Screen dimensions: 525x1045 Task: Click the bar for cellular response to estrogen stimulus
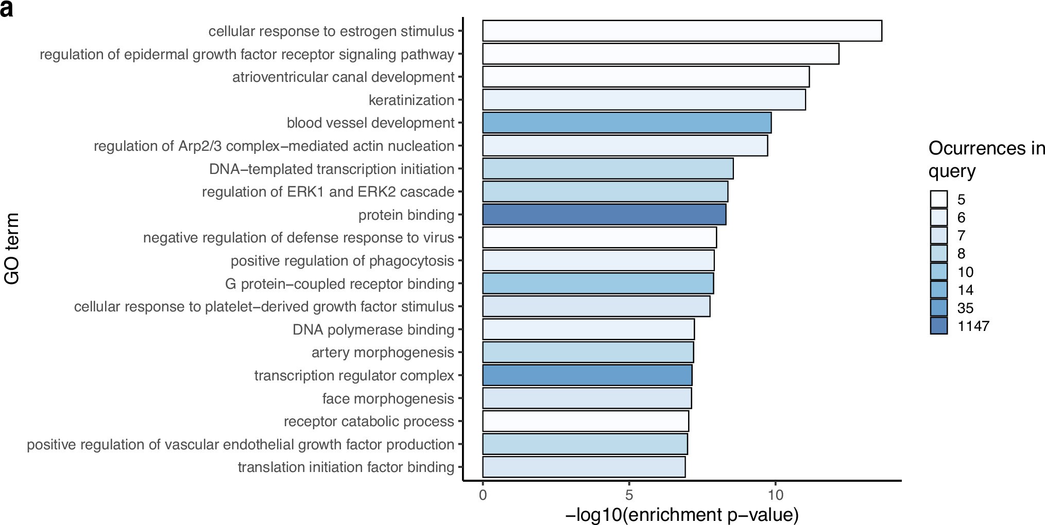(682, 31)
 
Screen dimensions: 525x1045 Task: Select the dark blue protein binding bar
(604, 215)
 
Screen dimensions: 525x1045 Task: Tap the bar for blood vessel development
(626, 122)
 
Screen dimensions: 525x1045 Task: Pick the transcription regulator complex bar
(587, 375)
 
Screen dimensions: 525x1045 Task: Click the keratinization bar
(644, 100)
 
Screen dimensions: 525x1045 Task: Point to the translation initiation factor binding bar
(584, 467)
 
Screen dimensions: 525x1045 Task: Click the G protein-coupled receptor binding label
(339, 284)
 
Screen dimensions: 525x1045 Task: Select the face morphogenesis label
(388, 398)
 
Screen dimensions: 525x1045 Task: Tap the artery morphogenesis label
(383, 353)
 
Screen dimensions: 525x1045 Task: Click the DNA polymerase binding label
(373, 329)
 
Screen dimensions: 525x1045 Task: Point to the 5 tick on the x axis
(629, 495)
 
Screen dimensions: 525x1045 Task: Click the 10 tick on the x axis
(775, 495)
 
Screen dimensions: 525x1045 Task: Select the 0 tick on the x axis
(483, 495)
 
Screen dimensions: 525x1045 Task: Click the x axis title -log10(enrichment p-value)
(682, 514)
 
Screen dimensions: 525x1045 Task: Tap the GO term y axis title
(12, 249)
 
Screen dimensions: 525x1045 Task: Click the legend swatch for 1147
(938, 326)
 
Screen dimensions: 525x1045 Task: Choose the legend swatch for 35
(938, 308)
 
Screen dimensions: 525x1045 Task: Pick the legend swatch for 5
(938, 199)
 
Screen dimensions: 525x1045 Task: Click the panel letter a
(6, 9)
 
